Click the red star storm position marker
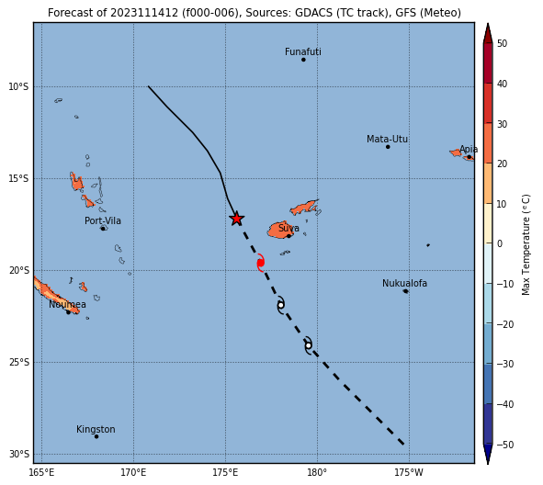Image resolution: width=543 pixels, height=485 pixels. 236,219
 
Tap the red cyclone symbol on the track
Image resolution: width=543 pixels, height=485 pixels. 261,263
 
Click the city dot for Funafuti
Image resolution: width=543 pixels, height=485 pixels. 303,60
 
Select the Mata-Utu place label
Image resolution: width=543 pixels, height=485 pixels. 387,140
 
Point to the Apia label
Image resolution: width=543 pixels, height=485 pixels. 469,149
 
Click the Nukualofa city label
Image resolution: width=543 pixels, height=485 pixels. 404,283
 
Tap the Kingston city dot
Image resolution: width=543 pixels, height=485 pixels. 96,436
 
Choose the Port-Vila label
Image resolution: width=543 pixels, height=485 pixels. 103,220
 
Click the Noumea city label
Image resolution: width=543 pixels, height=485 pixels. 67,304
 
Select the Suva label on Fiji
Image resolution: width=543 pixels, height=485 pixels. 288,228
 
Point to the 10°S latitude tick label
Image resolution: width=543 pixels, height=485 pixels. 18,86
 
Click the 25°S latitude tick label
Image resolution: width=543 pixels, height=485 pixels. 18,362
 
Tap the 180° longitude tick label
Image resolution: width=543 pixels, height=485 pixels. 317,472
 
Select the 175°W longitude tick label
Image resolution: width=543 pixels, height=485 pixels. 409,472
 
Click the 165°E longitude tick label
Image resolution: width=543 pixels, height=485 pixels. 41,472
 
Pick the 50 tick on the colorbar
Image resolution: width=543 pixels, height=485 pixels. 502,43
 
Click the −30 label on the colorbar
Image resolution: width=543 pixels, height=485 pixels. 505,364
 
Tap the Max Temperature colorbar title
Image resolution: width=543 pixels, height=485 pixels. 526,244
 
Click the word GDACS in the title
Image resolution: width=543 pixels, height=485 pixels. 312,13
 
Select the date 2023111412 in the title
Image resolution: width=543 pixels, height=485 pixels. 144,13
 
